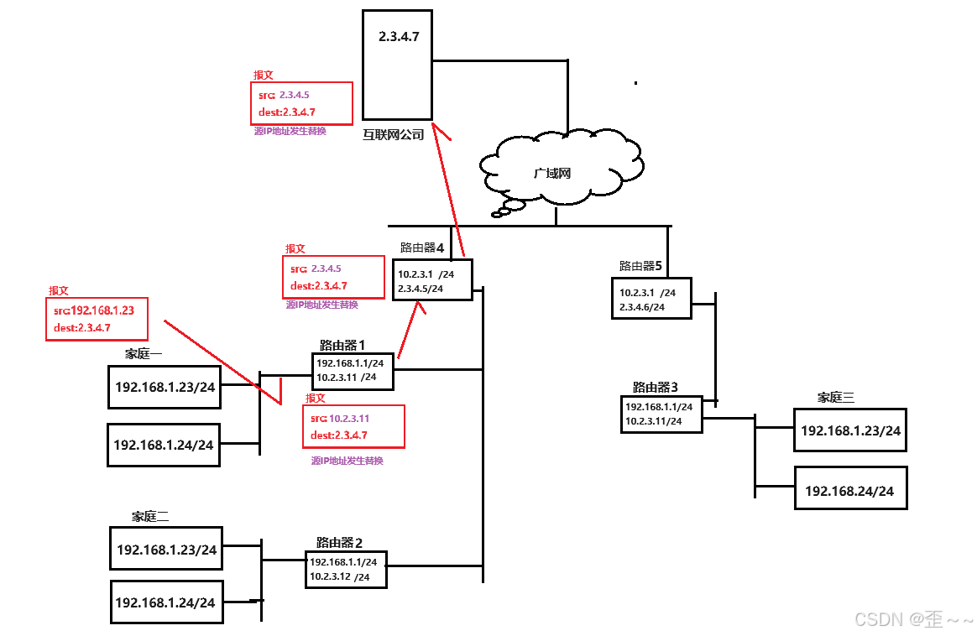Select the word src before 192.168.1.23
coord(60,310)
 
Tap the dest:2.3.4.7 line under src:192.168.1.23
coord(82,328)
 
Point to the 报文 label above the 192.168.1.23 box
coord(59,291)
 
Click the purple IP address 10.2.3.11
coord(349,418)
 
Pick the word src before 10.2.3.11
coord(317,418)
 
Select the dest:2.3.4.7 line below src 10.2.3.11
coord(339,435)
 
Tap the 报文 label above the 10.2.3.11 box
coord(316,399)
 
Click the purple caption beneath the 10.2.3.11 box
coord(347,461)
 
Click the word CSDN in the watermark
coord(878,619)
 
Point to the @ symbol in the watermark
coord(916,619)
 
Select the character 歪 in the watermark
coord(933,619)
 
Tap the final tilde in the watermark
coord(966,620)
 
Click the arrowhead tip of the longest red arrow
coord(433,124)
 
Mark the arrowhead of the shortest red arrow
coord(418,302)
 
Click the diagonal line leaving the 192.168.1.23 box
coord(222,361)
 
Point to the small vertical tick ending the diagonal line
coord(280,391)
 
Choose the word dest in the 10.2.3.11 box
coord(321,435)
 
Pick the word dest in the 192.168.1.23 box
coord(64,328)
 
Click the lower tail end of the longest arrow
coord(463,255)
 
